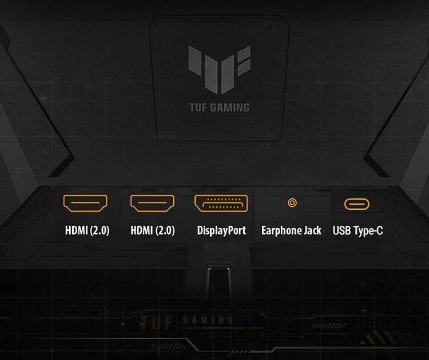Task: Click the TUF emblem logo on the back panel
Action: pyautogui.click(x=219, y=70)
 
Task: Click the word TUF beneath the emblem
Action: pyautogui.click(x=198, y=107)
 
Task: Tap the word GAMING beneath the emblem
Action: pyautogui.click(x=230, y=107)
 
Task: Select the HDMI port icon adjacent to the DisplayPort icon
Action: pyautogui.click(x=152, y=203)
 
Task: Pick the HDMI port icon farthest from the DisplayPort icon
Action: pyautogui.click(x=85, y=203)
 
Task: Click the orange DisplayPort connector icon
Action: pyautogui.click(x=221, y=203)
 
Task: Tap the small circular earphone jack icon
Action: pyautogui.click(x=292, y=203)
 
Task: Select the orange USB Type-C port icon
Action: pyautogui.click(x=357, y=204)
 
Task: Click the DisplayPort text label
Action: pyautogui.click(x=221, y=230)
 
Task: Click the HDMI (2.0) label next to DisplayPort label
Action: pyautogui.click(x=152, y=230)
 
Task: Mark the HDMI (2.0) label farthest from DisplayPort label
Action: pyautogui.click(x=87, y=230)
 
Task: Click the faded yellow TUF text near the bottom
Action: pyautogui.click(x=156, y=322)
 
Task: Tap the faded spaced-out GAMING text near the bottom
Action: pyautogui.click(x=208, y=320)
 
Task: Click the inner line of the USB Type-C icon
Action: pyautogui.click(x=357, y=204)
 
